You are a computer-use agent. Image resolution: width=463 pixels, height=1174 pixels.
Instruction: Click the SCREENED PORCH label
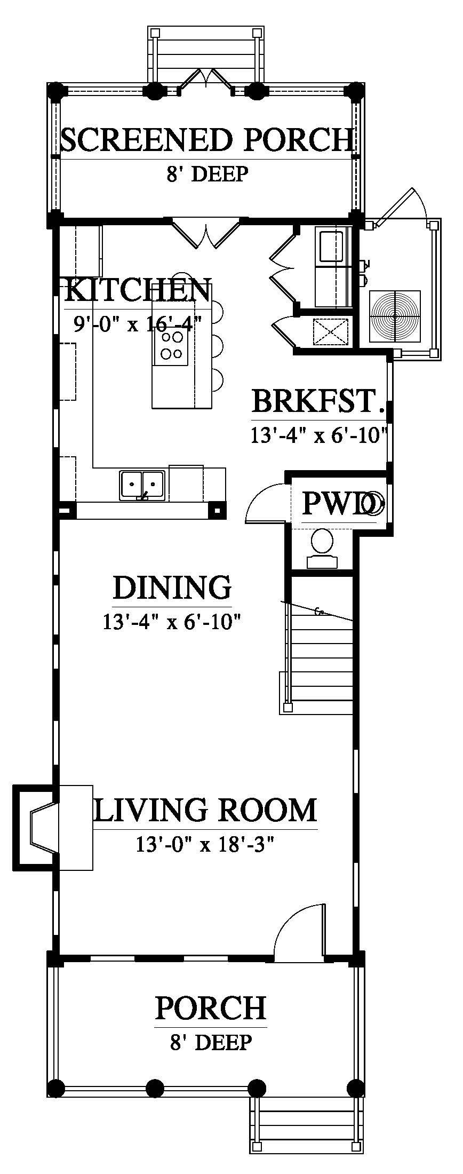point(207,139)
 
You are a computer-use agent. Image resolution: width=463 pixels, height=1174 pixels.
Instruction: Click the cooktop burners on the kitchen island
point(171,345)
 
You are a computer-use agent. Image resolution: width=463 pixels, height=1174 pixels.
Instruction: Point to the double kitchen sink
point(141,485)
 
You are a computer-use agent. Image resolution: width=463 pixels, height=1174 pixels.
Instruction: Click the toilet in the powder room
point(323,548)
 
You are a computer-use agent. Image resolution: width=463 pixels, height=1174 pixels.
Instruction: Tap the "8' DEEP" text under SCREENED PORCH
point(207,174)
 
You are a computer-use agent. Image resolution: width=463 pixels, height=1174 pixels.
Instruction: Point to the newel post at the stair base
point(288,708)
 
